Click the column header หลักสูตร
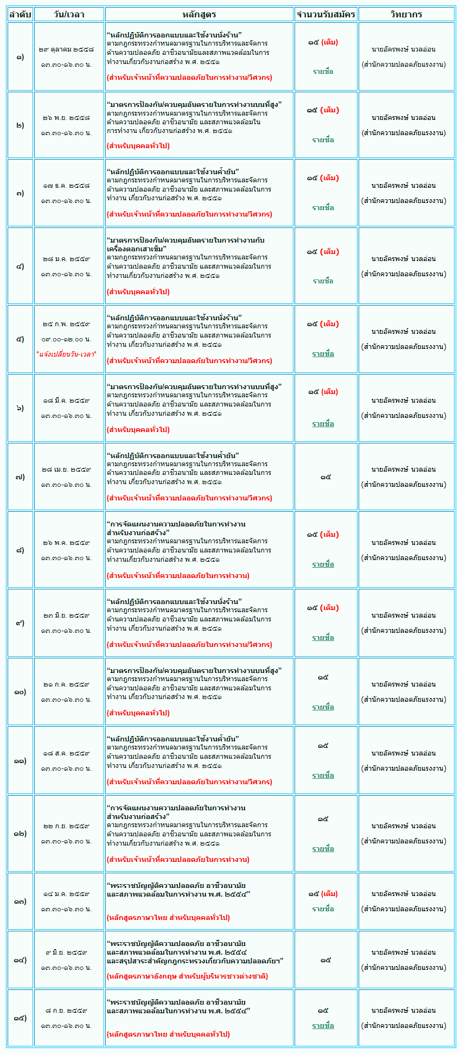[199, 14]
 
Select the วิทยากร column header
[406, 14]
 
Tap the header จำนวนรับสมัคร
[325, 14]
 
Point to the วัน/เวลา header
[69, 14]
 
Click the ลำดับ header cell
[20, 14]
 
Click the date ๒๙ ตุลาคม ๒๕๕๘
[66, 49]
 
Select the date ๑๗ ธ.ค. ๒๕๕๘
[66, 186]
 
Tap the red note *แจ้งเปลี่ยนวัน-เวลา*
[66, 354]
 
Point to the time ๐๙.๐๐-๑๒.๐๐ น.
[66, 339]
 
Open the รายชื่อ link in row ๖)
[323, 424]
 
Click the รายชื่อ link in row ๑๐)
[323, 707]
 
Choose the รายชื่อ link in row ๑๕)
[323, 1026]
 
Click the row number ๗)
[20, 477]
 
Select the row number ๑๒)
[20, 833]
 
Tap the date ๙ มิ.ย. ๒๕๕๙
[66, 953]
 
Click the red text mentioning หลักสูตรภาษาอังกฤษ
[187, 976]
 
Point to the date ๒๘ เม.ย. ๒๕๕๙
[66, 469]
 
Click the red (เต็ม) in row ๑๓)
[329, 894]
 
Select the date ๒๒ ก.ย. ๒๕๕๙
[66, 826]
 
